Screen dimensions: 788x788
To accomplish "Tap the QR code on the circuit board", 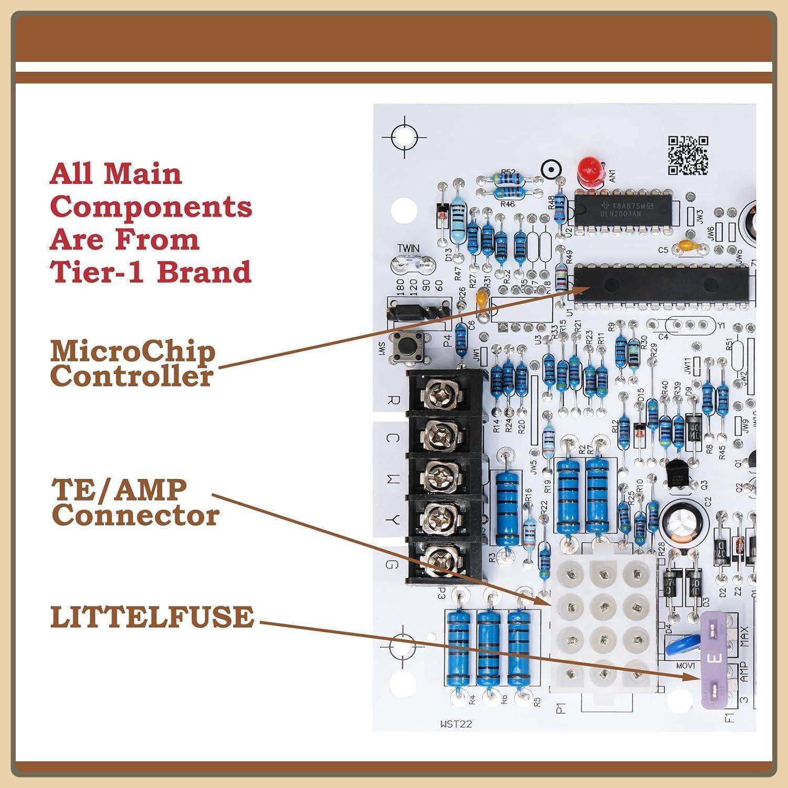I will point(688,155).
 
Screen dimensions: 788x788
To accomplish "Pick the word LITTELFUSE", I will point(152,617).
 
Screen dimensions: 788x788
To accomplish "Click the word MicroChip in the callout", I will point(132,351).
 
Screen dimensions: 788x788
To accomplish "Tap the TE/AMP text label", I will point(119,490).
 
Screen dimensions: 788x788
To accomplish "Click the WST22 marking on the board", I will point(457,724).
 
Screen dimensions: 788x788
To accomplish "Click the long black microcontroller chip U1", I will point(661,287).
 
